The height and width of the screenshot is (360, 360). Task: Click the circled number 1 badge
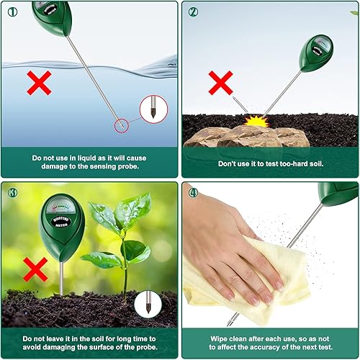point(11,11)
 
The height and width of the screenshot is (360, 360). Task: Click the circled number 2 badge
point(193,11)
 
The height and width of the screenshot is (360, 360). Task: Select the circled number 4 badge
point(193,192)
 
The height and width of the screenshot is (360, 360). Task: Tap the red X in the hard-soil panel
point(220,82)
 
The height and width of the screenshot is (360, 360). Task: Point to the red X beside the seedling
point(35,269)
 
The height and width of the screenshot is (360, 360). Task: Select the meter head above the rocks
point(316,53)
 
